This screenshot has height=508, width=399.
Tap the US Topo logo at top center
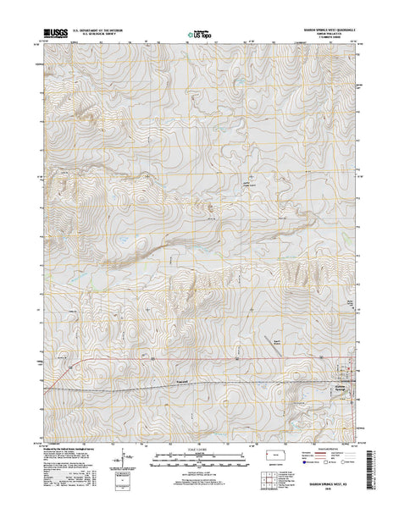(201, 36)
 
